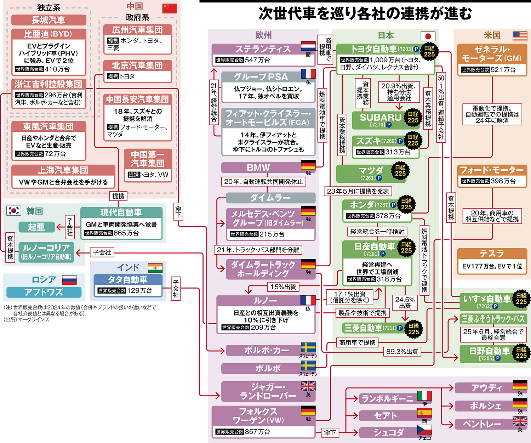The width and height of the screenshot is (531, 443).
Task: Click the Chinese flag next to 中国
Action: pos(170,8)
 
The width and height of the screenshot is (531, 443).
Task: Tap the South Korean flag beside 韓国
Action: pos(13,211)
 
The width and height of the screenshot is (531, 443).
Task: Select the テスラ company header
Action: pos(492,254)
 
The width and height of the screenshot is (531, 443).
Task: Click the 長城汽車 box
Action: pos(48,20)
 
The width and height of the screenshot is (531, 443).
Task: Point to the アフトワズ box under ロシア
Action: pos(44,292)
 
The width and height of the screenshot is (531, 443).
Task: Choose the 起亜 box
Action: pos(36,227)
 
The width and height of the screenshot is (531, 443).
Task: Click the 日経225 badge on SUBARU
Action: pos(413,117)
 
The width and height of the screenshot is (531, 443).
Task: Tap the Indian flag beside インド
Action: pos(155,268)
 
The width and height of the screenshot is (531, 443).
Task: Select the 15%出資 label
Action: pos(283,287)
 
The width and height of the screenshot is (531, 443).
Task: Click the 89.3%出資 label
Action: pos(402,352)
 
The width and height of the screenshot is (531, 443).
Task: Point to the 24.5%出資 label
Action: pos(405,302)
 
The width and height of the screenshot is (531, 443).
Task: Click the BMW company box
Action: pos(267,168)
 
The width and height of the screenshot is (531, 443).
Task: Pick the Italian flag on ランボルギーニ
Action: pos(424,396)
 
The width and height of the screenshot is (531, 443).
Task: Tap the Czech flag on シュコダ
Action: pos(424,430)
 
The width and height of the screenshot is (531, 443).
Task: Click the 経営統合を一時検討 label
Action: pos(377,232)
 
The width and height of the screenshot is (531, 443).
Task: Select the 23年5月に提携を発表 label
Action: pos(358,191)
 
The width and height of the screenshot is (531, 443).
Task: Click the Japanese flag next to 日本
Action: pos(428,36)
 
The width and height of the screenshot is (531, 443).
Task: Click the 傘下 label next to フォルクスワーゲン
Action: pos(330,432)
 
